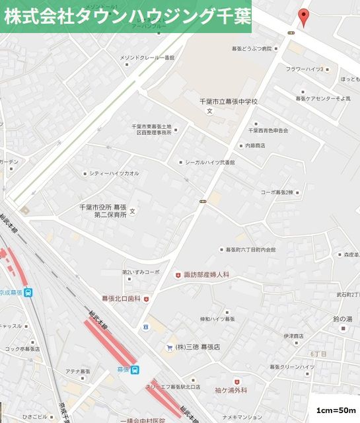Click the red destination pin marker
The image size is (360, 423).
coord(303,17)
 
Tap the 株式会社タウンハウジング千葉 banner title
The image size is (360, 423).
coord(126,17)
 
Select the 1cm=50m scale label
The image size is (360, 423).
coord(337,410)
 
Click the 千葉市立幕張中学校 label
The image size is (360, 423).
coord(228,102)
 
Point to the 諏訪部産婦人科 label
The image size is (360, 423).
coord(206,274)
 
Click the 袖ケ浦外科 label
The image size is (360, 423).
coord(231,391)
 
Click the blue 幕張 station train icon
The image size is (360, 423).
coord(135,369)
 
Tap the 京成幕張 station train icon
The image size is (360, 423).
coord(28,293)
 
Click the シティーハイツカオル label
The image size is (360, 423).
coord(114,173)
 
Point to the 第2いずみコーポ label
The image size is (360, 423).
coord(141,272)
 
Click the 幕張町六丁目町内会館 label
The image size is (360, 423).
coord(251,250)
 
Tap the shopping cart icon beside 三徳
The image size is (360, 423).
coord(170,347)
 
